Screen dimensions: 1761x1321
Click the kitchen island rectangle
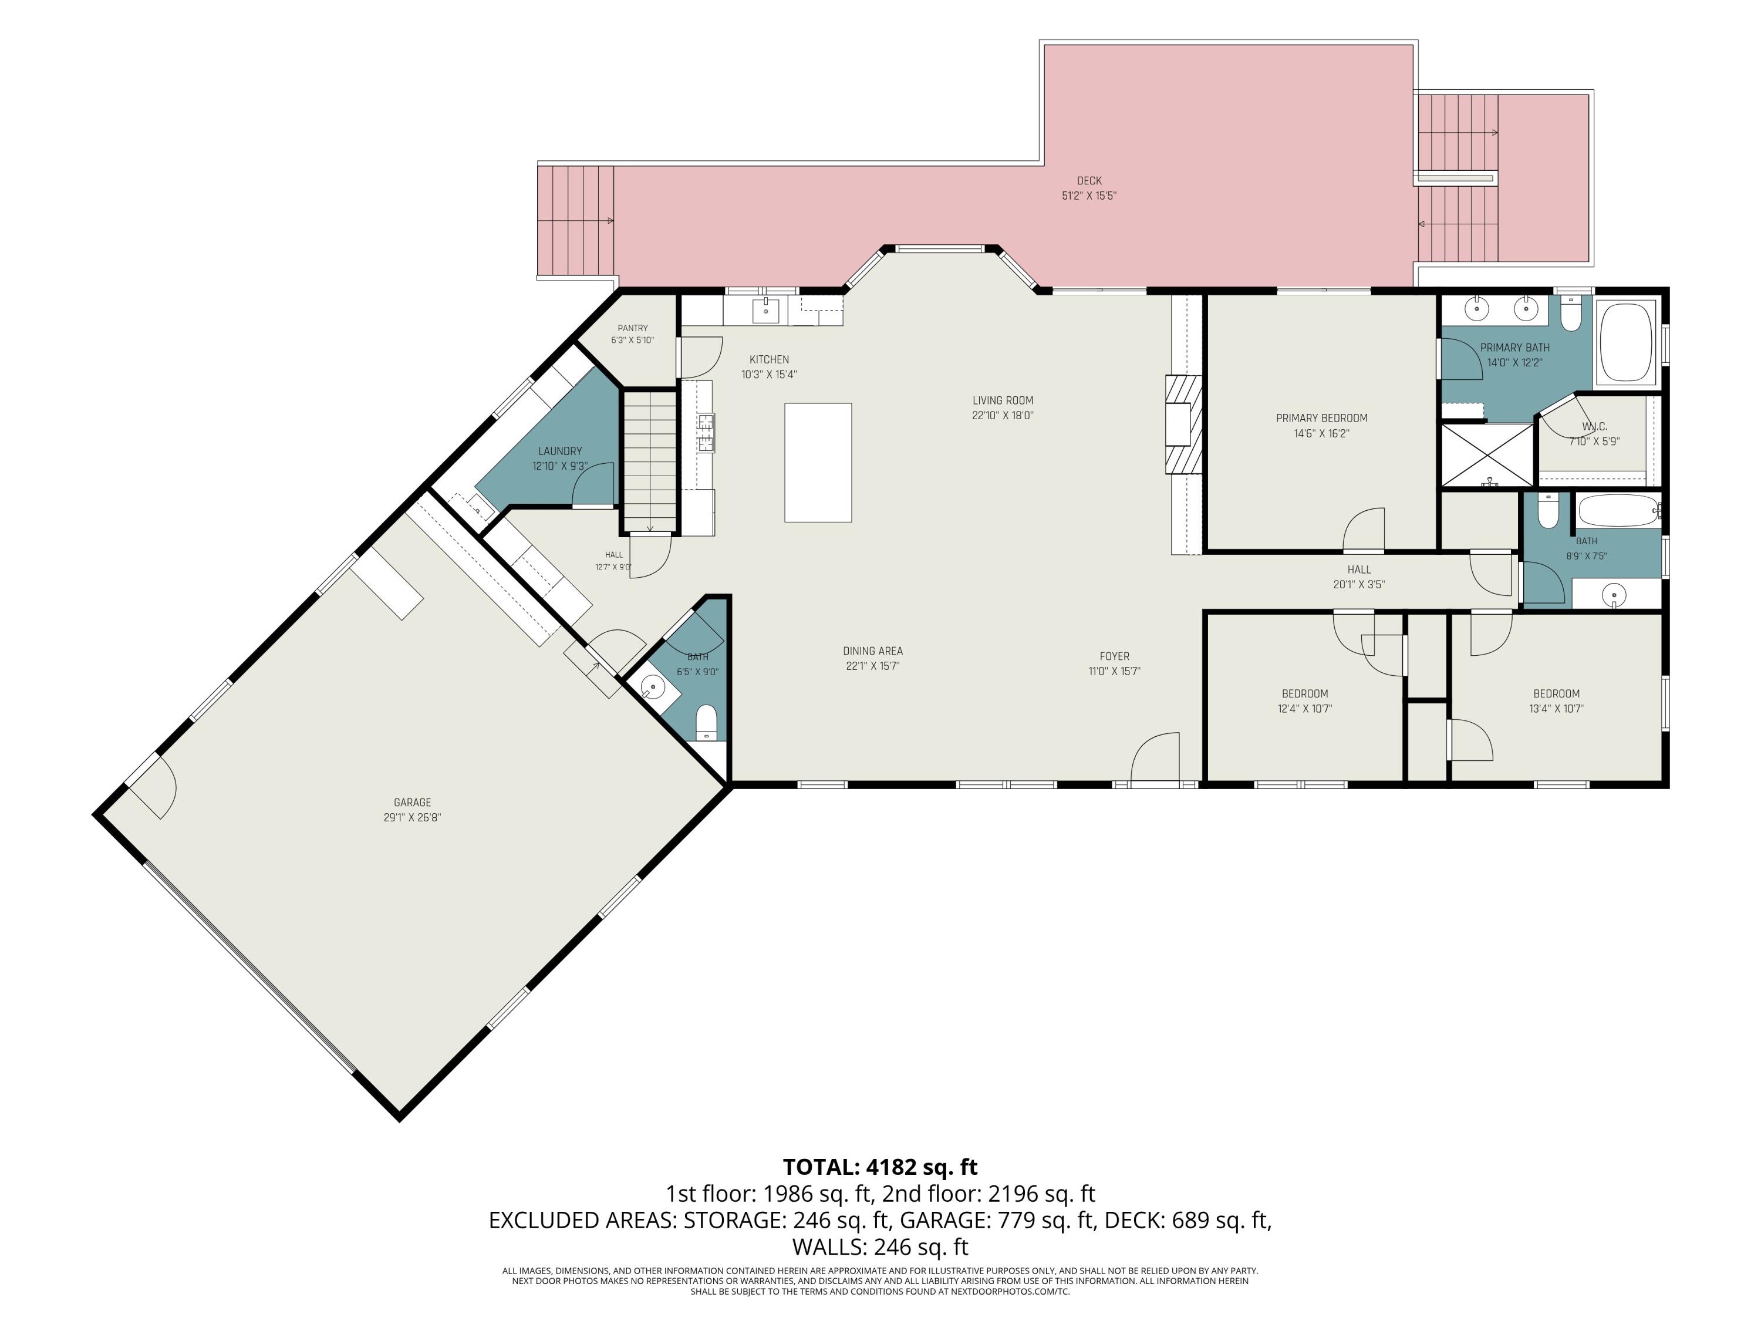(x=818, y=463)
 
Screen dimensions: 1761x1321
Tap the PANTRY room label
(x=633, y=328)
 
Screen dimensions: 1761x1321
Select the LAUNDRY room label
(x=559, y=451)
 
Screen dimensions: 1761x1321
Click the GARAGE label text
(x=411, y=803)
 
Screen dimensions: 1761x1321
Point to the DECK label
(x=1089, y=181)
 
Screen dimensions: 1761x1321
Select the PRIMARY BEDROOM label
(x=1321, y=418)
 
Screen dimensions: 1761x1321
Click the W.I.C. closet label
(x=1594, y=427)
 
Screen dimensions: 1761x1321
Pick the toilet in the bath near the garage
(x=706, y=722)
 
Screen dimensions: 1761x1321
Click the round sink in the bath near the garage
(x=653, y=686)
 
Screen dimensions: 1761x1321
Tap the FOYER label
(x=1115, y=656)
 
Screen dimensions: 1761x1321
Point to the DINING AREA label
(x=872, y=651)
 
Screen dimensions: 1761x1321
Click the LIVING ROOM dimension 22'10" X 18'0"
(x=1003, y=415)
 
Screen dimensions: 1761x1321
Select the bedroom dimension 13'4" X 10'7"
(x=1556, y=708)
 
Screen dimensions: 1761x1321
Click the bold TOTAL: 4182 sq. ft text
(x=880, y=1167)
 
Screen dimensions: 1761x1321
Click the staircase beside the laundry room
(x=650, y=462)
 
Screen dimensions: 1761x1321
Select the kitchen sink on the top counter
(x=766, y=311)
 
